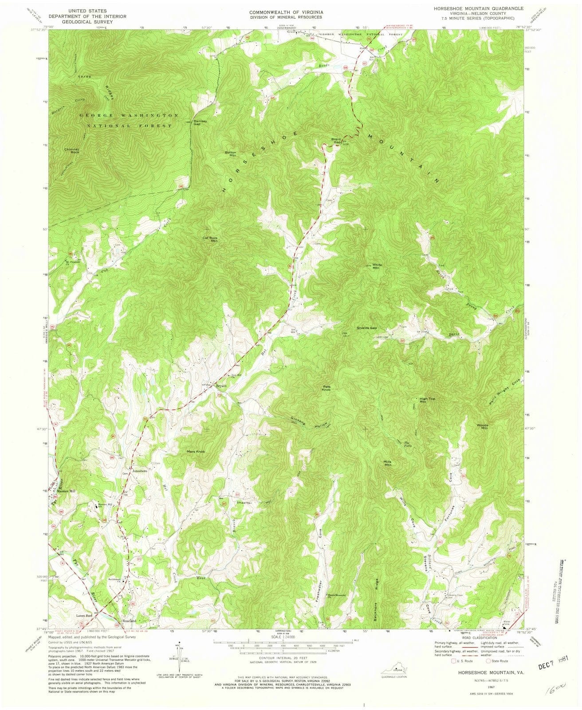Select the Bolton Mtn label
pos(231,154)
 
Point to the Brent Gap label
pos(336,141)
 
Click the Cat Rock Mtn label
pos(210,239)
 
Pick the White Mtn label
pos(377,266)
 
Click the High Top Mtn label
pos(425,400)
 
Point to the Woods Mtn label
pos(482,427)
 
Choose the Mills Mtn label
pos(388,463)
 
